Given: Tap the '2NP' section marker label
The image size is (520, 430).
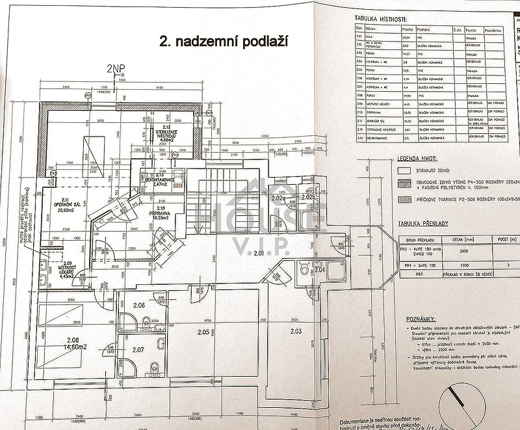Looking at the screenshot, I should pyautogui.click(x=116, y=68).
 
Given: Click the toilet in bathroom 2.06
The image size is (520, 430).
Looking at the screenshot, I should pyautogui.click(x=146, y=321).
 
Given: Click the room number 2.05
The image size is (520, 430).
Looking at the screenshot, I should pyautogui.click(x=201, y=332).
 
